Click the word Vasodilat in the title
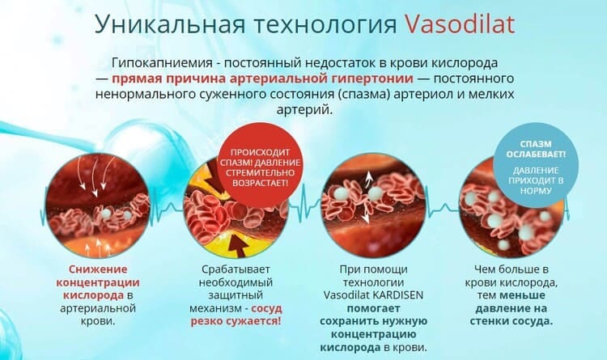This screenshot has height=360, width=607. [x=460, y=24]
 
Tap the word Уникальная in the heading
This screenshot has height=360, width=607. [x=170, y=24]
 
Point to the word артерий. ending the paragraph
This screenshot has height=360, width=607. [x=304, y=110]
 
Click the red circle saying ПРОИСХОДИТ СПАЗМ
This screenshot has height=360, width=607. [x=260, y=167]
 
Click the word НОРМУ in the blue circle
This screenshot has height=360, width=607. [x=536, y=191]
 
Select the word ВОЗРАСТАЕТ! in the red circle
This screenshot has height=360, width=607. [x=260, y=183]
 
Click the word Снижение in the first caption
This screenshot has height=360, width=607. [x=98, y=269]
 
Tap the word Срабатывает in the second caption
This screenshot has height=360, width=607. [x=236, y=269]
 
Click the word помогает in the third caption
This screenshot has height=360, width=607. [x=374, y=308]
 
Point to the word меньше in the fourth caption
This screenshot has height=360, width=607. [x=522, y=295]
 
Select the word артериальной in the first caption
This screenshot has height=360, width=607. [x=98, y=308]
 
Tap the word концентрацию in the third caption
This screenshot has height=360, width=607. [x=374, y=334]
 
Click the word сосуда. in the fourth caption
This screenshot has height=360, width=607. [x=533, y=322]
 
